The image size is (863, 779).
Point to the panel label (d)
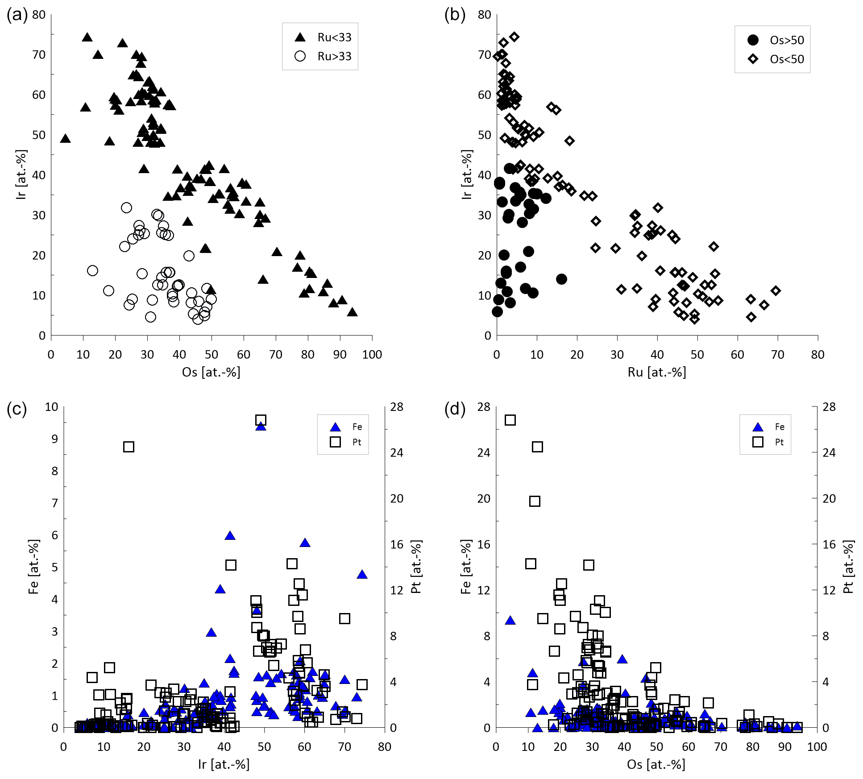455,409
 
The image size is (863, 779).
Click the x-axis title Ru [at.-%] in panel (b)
657,373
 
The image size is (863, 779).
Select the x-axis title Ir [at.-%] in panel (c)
224,765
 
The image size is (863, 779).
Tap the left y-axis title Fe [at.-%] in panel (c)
33,567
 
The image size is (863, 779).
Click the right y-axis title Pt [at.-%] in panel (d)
848,567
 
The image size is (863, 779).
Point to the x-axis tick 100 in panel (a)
372,355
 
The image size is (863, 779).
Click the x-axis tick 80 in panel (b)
817,355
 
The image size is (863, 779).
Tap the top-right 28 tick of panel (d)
829,407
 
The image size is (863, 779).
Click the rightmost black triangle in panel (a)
353,312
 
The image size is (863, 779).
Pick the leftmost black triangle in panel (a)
66,139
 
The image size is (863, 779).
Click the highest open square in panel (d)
510,420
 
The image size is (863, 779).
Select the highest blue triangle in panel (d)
510,621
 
